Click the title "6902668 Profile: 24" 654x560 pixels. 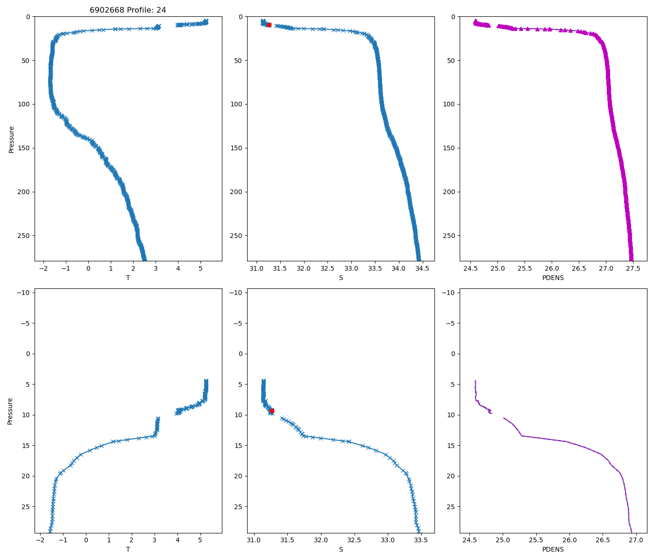(128, 10)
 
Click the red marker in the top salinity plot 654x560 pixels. (269, 25)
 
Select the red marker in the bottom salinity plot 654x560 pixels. (272, 411)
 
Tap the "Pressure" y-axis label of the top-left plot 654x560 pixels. (11, 139)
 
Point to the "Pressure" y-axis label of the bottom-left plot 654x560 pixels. (10, 411)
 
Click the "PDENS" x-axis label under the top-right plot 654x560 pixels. (553, 278)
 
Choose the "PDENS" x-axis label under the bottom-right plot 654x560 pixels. (553, 549)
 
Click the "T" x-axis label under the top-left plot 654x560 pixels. (128, 278)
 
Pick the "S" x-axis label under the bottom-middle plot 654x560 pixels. (341, 549)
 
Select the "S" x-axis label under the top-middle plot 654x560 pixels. (341, 278)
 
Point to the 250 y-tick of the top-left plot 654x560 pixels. (24, 236)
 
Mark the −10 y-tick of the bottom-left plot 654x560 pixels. (23, 293)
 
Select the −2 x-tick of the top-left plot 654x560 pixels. (43, 269)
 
